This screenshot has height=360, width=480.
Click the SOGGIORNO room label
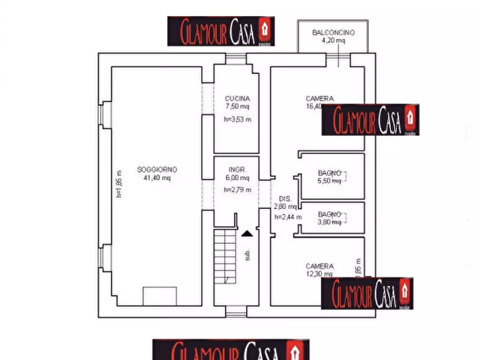(157, 169)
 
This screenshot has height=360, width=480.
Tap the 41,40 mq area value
(157, 178)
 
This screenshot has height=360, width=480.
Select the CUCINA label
(237, 99)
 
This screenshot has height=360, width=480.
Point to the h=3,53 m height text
(237, 119)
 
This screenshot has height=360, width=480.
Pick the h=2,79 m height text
(237, 189)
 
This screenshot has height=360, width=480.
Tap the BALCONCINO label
(333, 33)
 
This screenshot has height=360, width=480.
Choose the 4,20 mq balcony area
(333, 40)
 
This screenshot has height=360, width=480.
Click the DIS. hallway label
(284, 198)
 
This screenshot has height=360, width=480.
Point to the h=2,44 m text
(288, 217)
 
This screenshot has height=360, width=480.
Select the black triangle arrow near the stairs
(246, 234)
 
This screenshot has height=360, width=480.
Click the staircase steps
(225, 255)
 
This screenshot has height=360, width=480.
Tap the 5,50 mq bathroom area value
(329, 181)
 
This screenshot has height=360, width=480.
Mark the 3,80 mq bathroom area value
(329, 221)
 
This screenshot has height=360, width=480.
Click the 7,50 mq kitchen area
(237, 106)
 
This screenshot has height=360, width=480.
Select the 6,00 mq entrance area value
(237, 178)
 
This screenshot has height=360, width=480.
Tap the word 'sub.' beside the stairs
(248, 255)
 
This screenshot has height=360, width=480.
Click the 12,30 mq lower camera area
(319, 274)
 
